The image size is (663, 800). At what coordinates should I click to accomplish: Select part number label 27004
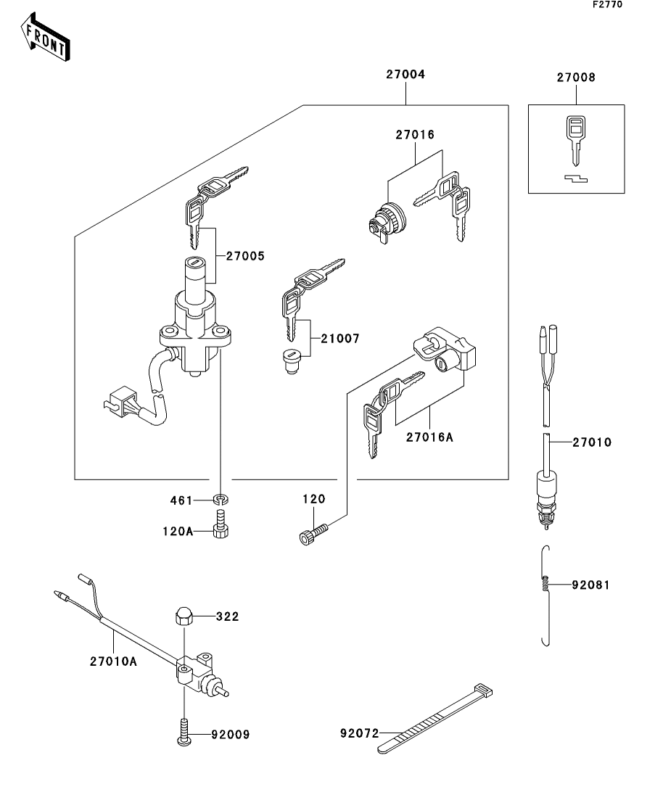pos(405,75)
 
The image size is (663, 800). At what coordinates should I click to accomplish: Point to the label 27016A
pos(430,437)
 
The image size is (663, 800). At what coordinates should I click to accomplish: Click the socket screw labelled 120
pos(312,536)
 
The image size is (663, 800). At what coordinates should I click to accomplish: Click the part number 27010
pos(592,442)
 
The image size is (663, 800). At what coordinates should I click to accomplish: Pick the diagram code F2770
pos(607,4)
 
